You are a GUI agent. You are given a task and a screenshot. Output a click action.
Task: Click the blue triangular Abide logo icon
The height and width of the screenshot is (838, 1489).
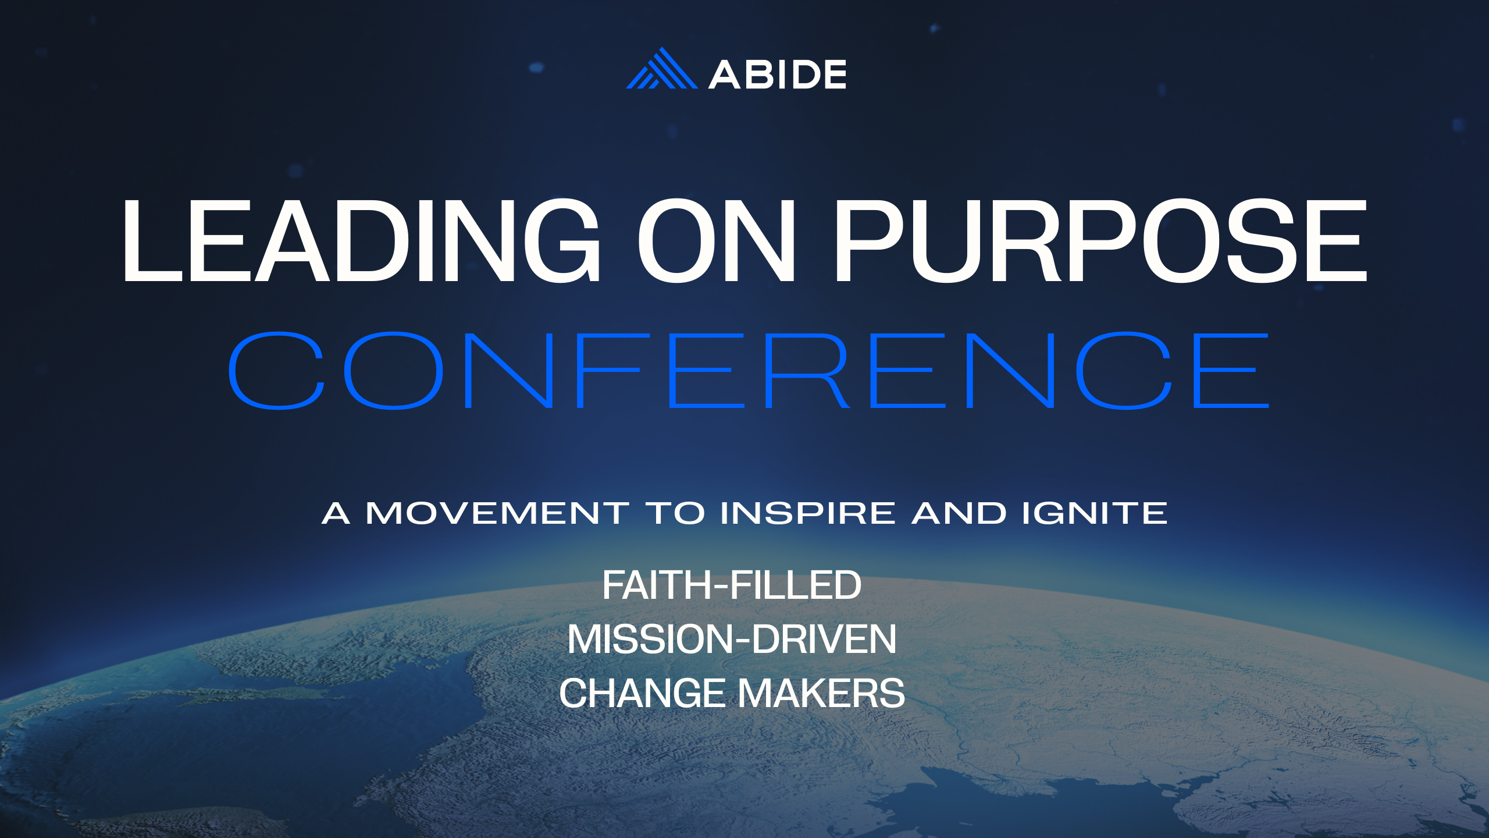click(x=661, y=70)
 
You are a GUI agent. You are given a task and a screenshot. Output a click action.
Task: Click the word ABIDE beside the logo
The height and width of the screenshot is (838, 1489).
click(x=777, y=74)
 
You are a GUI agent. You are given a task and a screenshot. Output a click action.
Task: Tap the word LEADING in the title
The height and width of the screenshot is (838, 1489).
click(x=361, y=241)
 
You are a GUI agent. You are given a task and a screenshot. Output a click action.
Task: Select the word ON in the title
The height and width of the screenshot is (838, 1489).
click(x=717, y=241)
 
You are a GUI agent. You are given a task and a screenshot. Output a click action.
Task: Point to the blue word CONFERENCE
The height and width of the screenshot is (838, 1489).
click(x=748, y=371)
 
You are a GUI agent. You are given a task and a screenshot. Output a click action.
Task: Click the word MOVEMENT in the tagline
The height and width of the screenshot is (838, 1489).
click(x=497, y=513)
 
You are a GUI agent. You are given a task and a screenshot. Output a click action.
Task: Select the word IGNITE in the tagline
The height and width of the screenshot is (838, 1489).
click(x=1095, y=513)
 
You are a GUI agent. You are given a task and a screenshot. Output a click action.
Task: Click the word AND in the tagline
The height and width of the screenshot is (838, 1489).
click(x=959, y=513)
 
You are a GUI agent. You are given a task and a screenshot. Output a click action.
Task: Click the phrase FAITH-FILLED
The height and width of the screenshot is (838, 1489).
click(x=732, y=585)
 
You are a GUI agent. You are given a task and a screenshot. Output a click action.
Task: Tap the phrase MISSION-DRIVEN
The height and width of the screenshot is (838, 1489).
click(x=732, y=640)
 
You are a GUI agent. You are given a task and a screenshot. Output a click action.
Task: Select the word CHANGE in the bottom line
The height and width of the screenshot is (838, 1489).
click(x=642, y=694)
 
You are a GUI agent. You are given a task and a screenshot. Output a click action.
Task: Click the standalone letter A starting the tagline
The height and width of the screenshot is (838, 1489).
click(x=336, y=513)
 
